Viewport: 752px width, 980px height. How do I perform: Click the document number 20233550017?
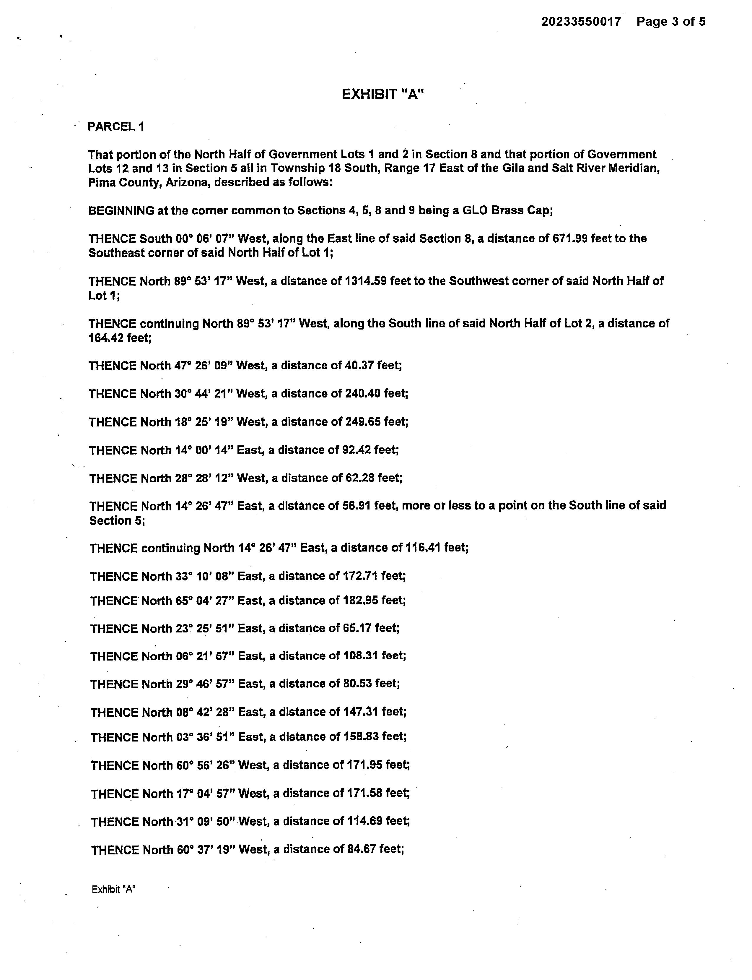click(x=581, y=22)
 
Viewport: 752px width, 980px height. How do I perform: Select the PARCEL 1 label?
click(x=116, y=127)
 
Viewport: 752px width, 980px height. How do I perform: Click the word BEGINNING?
click(x=121, y=210)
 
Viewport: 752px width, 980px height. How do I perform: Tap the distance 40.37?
click(x=359, y=366)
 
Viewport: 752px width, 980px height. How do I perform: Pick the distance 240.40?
click(x=363, y=394)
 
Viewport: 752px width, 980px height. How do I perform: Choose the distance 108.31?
click(x=361, y=656)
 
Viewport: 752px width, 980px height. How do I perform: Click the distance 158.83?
click(x=362, y=737)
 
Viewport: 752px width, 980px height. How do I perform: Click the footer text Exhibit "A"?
click(x=114, y=890)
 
